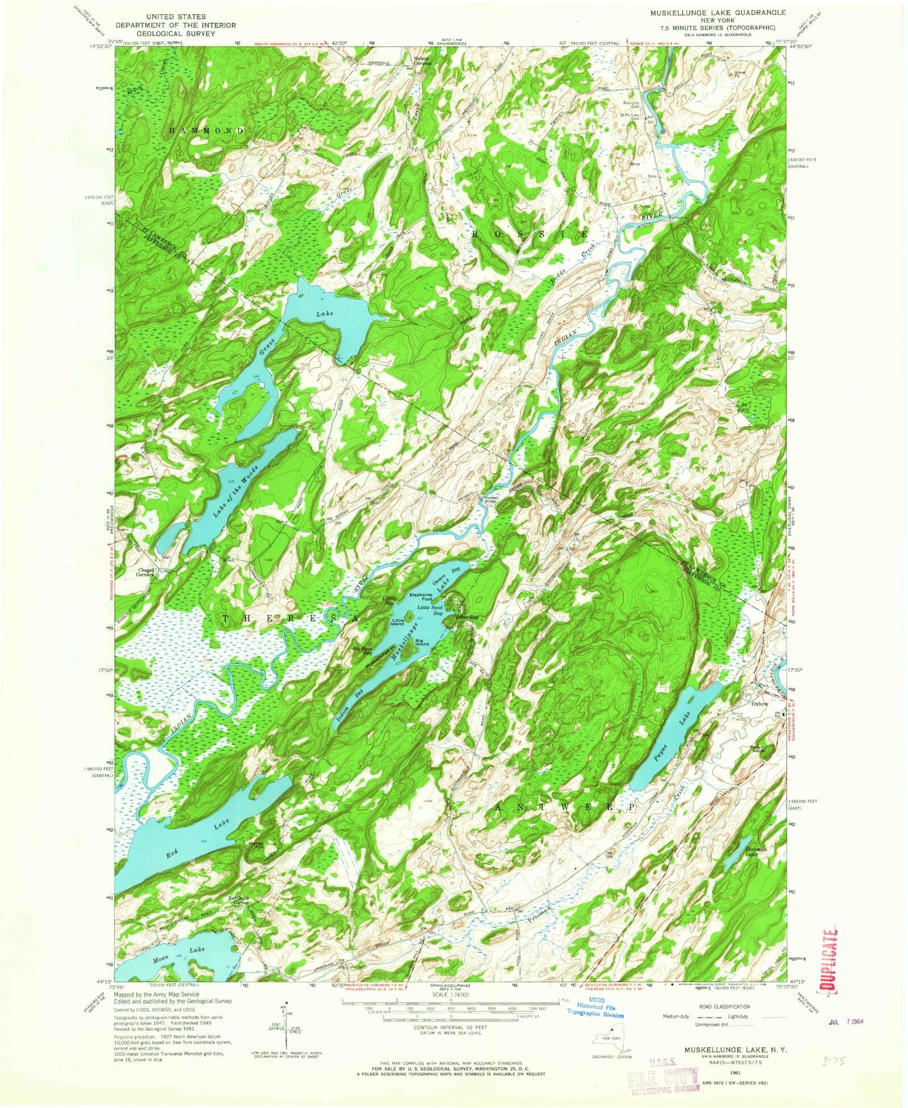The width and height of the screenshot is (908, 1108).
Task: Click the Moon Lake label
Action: [x=179, y=950]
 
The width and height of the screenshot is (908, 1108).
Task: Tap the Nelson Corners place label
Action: [x=422, y=61]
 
